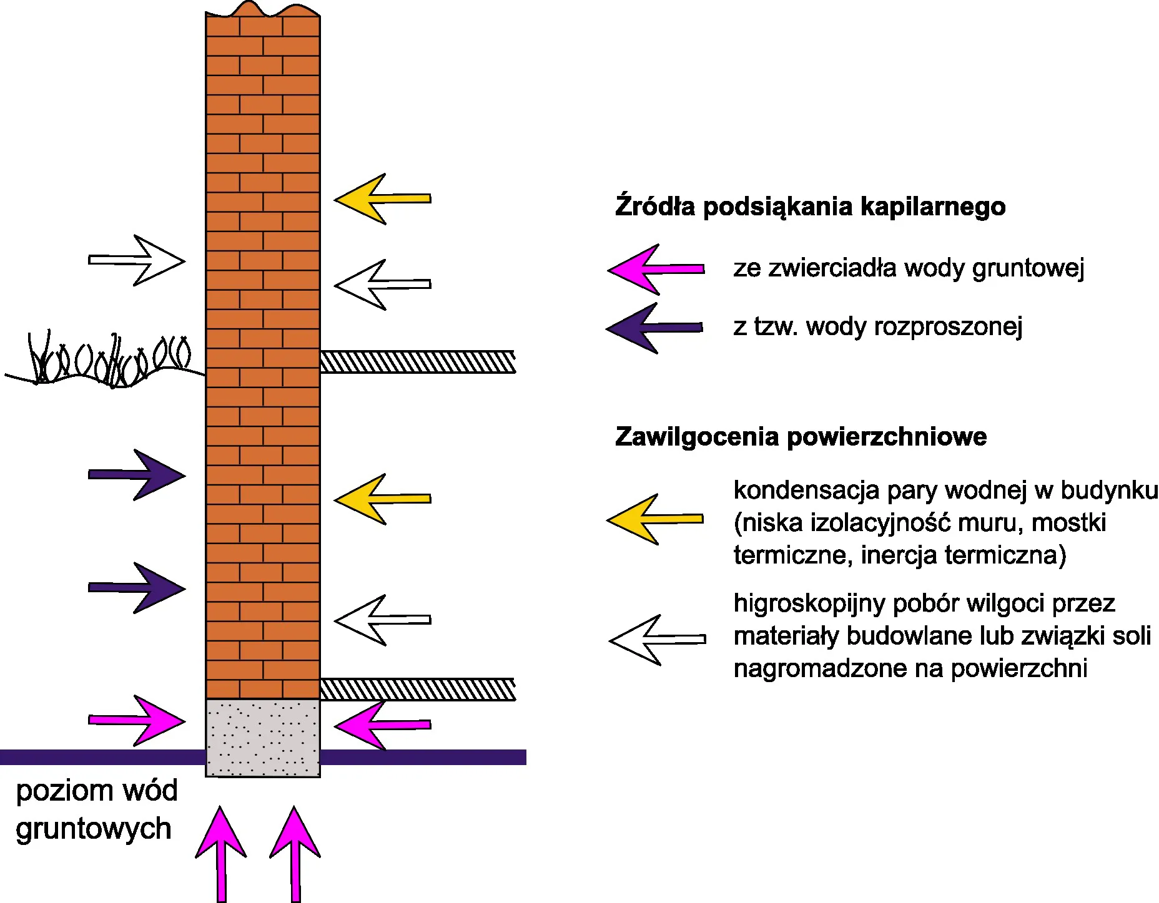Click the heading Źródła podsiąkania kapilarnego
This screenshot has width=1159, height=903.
pos(810,207)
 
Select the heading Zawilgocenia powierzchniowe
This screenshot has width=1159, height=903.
pos(801,437)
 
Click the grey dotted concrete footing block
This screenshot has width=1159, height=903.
pos(263,738)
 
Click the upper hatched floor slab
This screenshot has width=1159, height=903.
pos(417,362)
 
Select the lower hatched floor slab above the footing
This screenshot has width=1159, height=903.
pos(417,689)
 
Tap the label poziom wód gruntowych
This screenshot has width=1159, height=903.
pos(96,809)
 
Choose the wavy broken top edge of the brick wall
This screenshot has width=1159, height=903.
pos(262,10)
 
